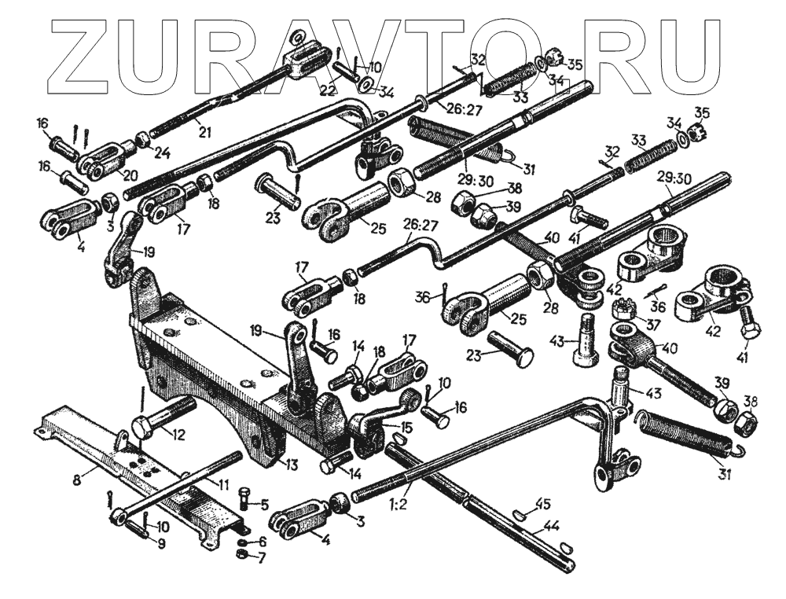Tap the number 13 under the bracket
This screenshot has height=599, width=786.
[292, 465]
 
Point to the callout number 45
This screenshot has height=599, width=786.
[542, 503]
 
